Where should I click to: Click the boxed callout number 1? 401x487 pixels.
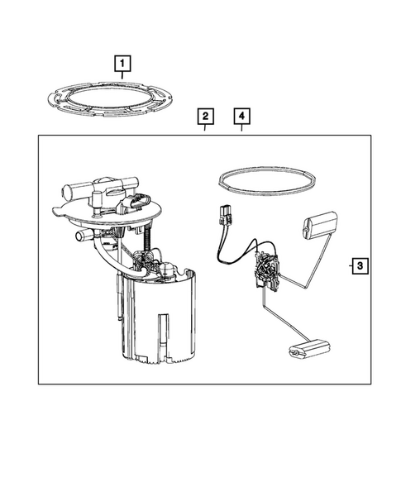click(122, 63)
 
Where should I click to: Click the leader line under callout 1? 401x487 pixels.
click(122, 76)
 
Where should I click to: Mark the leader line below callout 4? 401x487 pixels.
click(241, 129)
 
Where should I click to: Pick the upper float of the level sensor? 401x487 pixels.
click(321, 225)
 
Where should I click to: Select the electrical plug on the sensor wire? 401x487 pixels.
click(222, 218)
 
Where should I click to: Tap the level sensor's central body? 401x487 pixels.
click(265, 268)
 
